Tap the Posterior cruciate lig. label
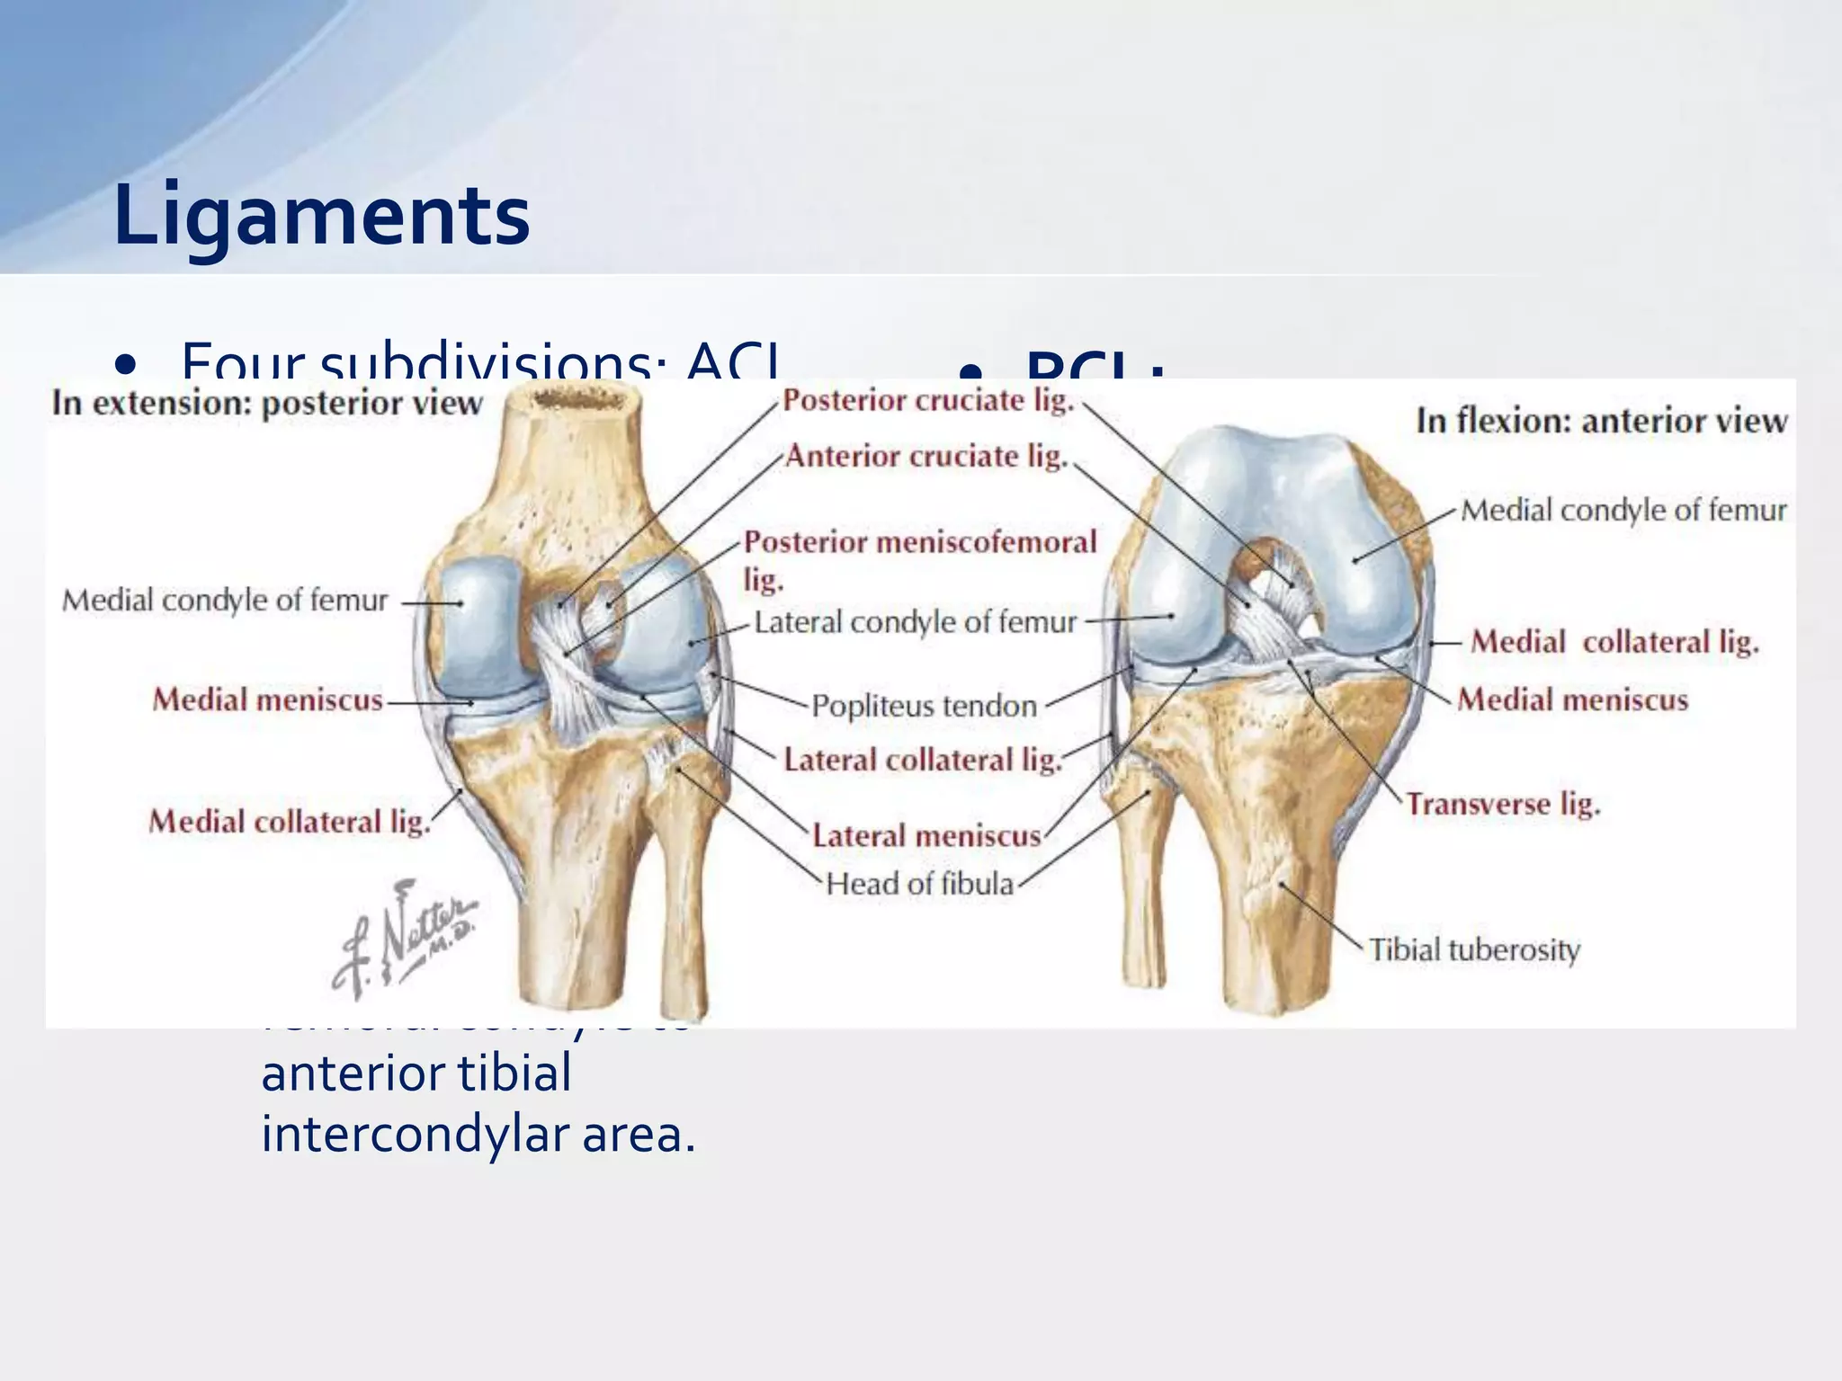pos(928,401)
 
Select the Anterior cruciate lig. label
pos(926,457)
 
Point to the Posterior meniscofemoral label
pos(920,542)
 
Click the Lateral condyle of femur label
pos(915,622)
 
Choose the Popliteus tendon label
pos(924,706)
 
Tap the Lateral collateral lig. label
pos(922,761)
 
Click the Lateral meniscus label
pos(926,836)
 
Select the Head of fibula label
pos(919,884)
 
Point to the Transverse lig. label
pos(1503,804)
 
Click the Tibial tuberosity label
pos(1474,949)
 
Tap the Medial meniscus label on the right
pos(1572,699)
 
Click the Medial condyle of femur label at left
pos(225,600)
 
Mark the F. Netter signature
pos(404,940)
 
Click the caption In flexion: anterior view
pos(1601,421)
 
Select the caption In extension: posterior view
pos(267,403)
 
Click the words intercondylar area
pos(478,1135)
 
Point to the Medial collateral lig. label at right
pos(1614,642)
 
